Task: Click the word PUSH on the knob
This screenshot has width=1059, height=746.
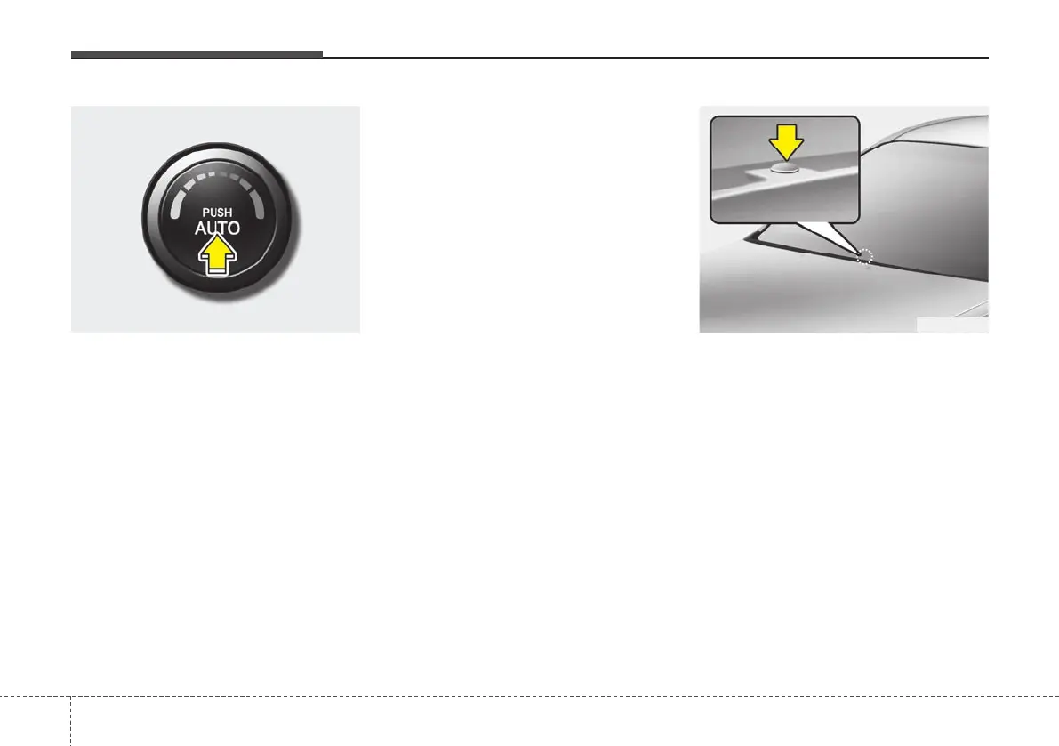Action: [x=218, y=213]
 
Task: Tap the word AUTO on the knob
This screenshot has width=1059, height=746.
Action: [x=218, y=229]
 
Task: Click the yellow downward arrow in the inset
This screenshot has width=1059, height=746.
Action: [x=786, y=140]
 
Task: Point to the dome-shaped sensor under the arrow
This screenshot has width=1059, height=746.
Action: [x=786, y=164]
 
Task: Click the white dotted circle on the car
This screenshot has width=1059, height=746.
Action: [x=866, y=257]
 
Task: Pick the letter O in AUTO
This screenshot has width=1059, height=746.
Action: [x=234, y=229]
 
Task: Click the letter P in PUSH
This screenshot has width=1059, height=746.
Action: [x=205, y=213]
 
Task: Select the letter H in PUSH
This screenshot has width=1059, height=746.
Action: [x=230, y=213]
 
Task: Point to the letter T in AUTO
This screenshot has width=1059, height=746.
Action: [x=223, y=229]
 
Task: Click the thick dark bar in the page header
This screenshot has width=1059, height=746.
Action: [x=197, y=55]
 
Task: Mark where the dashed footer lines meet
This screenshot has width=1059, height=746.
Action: [x=70, y=696]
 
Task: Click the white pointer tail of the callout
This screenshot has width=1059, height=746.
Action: [x=818, y=236]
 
